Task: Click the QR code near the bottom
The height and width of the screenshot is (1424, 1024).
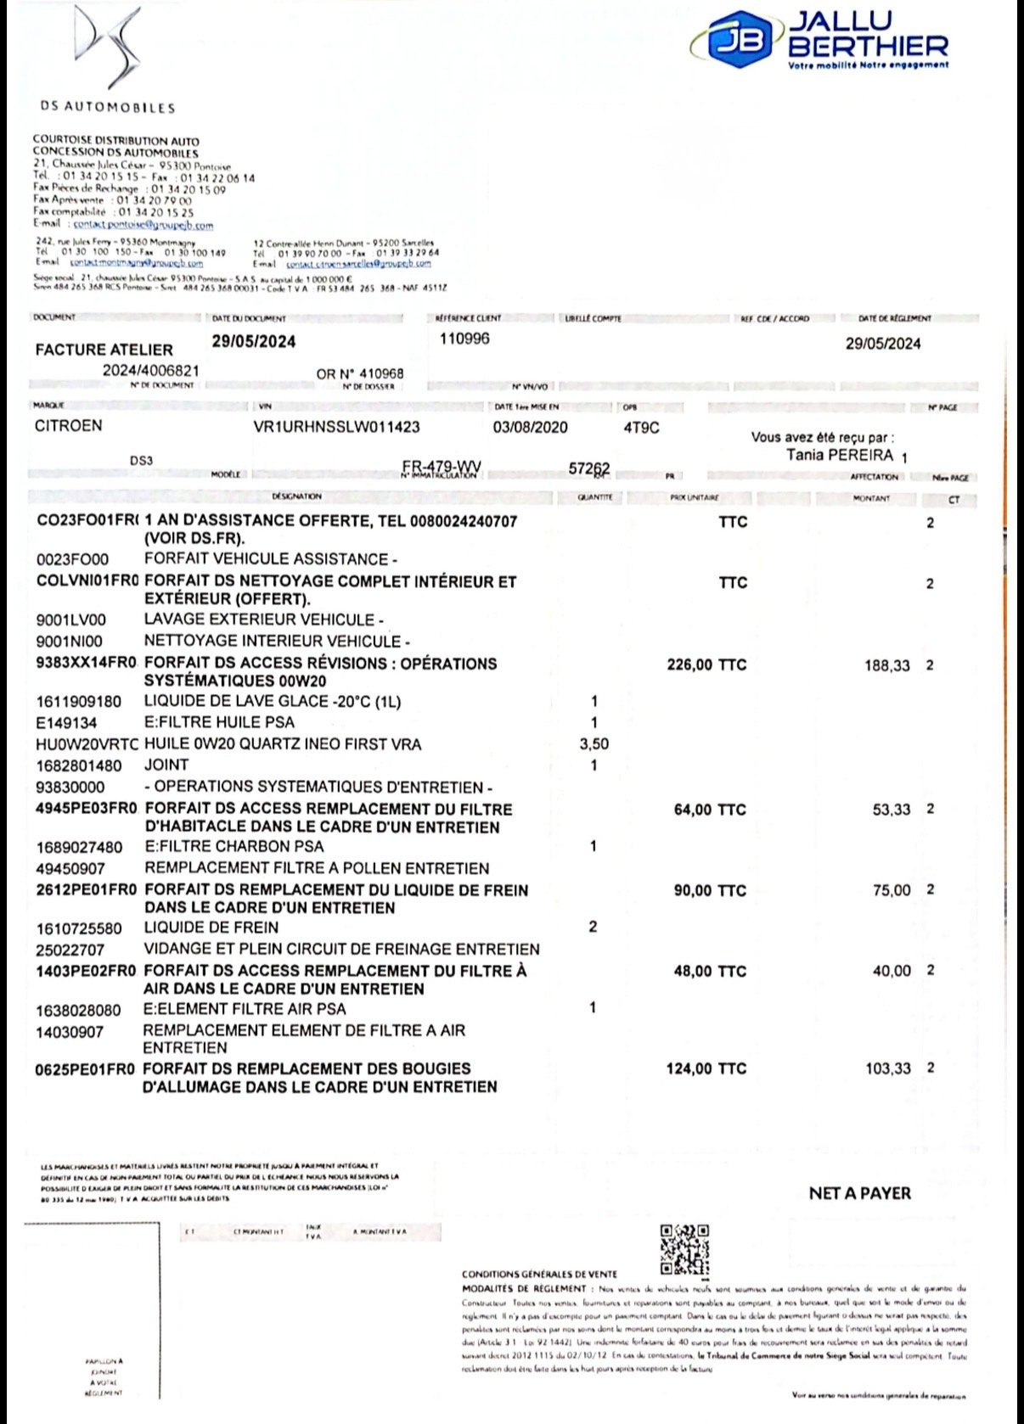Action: pos(684,1248)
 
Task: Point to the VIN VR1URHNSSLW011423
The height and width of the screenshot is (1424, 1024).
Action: pos(336,427)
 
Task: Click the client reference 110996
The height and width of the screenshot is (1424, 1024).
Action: pos(464,339)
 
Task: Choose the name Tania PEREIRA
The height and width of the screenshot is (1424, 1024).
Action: pos(840,455)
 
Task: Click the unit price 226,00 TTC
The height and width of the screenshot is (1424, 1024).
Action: pos(706,664)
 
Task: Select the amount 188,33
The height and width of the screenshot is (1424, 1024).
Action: pos(887,666)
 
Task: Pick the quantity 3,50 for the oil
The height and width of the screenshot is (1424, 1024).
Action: pos(594,744)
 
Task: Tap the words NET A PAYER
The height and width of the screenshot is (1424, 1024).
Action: pos(859,1193)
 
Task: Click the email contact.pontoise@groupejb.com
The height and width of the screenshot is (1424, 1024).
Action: pos(143,225)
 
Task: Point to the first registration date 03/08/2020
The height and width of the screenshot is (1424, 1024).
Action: pos(530,427)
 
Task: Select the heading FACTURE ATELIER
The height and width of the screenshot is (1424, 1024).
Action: pos(104,350)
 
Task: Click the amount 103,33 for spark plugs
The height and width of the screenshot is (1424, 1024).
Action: pos(887,1069)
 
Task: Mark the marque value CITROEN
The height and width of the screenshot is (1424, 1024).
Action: pos(68,426)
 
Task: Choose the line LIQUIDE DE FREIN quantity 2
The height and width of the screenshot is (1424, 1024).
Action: pos(593,927)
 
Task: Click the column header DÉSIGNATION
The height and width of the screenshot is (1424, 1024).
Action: pos(296,496)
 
